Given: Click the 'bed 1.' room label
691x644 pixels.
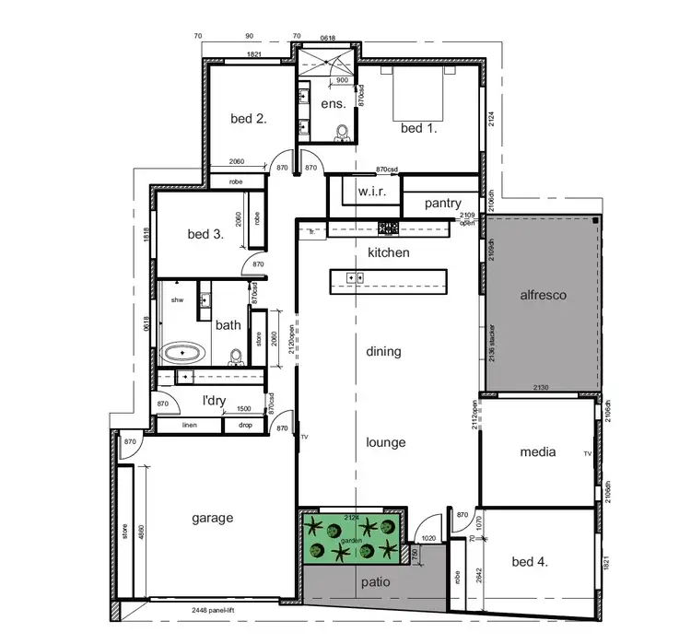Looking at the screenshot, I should click(418, 128).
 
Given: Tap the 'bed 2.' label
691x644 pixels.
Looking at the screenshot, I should click(248, 117).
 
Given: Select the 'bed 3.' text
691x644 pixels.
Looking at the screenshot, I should click(205, 234).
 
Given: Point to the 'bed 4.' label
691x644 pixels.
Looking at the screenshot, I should click(530, 561).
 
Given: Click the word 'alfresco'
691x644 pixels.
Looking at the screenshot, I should click(544, 296).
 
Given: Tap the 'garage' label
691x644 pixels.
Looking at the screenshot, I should click(212, 518).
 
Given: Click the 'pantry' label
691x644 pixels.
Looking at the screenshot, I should click(442, 204).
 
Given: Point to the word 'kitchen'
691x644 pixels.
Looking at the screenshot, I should click(389, 252).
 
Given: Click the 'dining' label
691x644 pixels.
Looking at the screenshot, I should click(383, 351).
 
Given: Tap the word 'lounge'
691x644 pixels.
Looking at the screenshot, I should click(385, 442).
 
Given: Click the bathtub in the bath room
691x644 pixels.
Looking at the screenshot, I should click(183, 353).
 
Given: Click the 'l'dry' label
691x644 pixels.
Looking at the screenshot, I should click(215, 401).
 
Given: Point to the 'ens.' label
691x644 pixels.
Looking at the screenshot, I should click(334, 103).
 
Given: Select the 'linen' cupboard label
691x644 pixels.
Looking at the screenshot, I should click(190, 425).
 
